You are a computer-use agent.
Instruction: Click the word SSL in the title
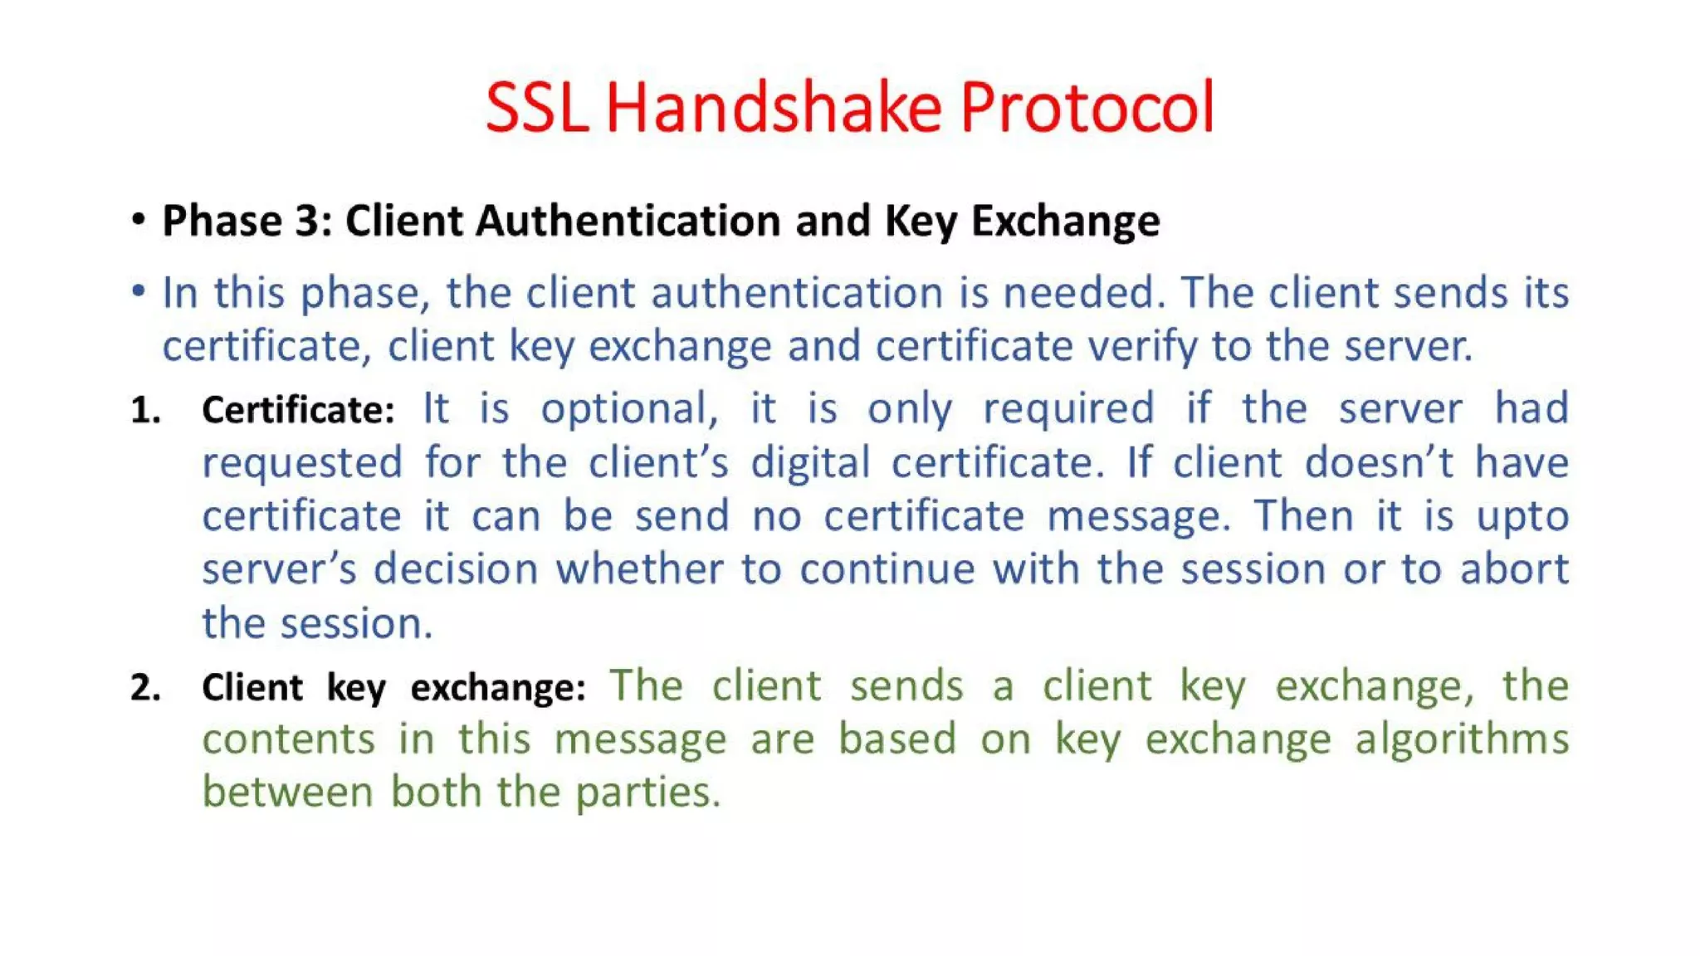click(x=536, y=108)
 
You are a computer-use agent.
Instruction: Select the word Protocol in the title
click(x=1087, y=108)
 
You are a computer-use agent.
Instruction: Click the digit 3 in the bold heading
click(x=306, y=222)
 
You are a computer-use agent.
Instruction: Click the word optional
click(x=629, y=409)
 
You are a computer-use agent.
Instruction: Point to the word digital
click(x=810, y=463)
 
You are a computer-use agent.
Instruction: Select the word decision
click(x=456, y=570)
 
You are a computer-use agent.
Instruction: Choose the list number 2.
click(x=145, y=688)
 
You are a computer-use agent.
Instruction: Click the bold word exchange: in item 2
click(x=498, y=688)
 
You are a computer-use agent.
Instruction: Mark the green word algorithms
click(x=1462, y=739)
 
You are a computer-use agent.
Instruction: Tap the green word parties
click(x=647, y=793)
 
